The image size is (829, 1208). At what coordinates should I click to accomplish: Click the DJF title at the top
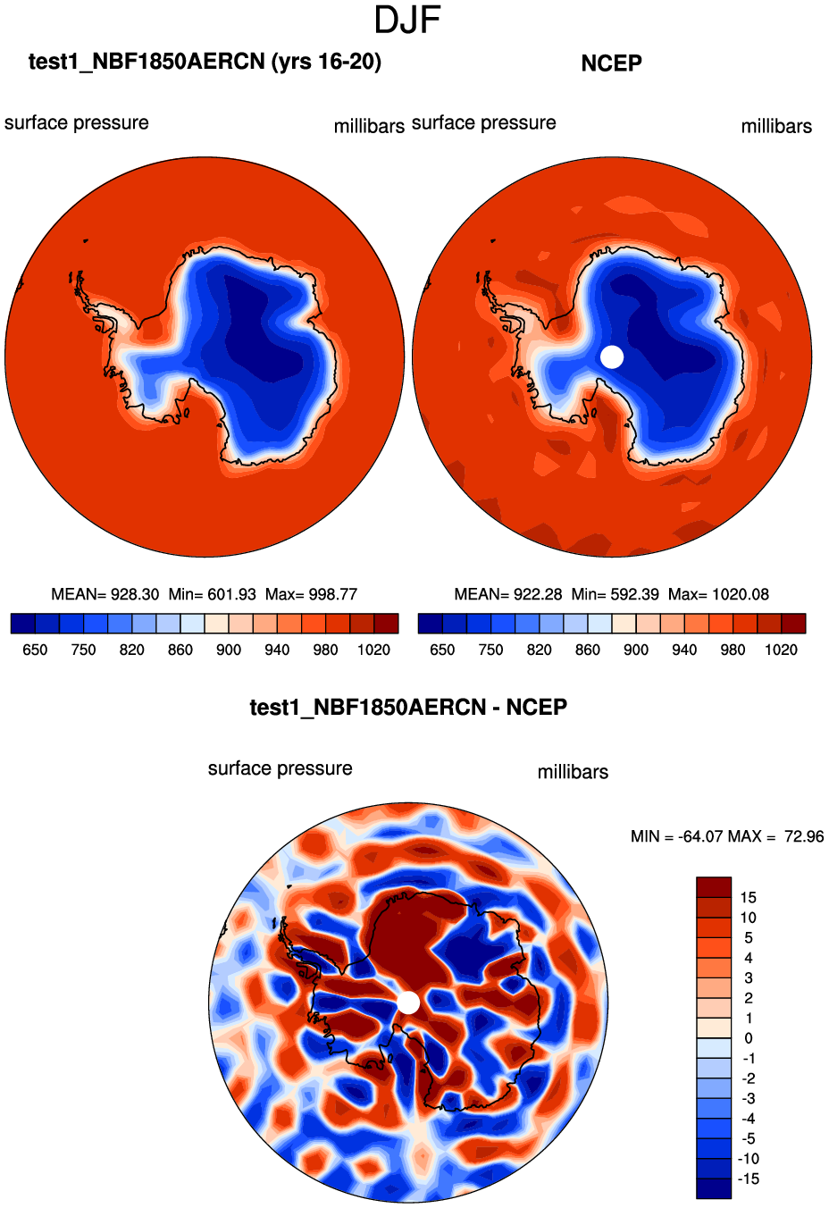pyautogui.click(x=407, y=21)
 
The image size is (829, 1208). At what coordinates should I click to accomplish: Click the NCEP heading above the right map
pyautogui.click(x=611, y=63)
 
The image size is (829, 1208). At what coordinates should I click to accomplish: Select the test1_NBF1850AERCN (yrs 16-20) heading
pyautogui.click(x=205, y=62)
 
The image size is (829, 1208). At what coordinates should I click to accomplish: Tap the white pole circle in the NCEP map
pyautogui.click(x=612, y=357)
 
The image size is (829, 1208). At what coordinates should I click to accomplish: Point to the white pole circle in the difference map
pyautogui.click(x=408, y=1002)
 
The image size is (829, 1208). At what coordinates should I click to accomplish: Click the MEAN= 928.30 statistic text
pyautogui.click(x=105, y=594)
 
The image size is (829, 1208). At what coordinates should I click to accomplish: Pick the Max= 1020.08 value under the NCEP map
pyautogui.click(x=718, y=594)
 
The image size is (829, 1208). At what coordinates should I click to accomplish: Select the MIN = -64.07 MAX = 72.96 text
pyautogui.click(x=727, y=836)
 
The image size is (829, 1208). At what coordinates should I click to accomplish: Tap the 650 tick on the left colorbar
pyautogui.click(x=35, y=650)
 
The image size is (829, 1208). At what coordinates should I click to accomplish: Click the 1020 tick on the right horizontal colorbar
pyautogui.click(x=781, y=650)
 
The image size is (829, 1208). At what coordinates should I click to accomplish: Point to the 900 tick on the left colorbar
pyautogui.click(x=229, y=650)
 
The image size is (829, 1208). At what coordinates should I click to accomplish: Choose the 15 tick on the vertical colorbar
pyautogui.click(x=748, y=897)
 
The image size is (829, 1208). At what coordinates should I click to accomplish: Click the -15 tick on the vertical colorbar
pyautogui.click(x=748, y=1179)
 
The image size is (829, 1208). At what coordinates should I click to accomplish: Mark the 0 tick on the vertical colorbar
pyautogui.click(x=748, y=1038)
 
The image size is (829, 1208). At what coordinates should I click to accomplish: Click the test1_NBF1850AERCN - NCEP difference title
pyautogui.click(x=408, y=708)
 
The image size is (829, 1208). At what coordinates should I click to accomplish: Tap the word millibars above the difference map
pyautogui.click(x=573, y=772)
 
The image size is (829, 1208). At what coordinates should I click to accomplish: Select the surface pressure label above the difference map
pyautogui.click(x=280, y=768)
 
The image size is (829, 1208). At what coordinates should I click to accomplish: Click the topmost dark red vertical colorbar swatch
pyautogui.click(x=714, y=887)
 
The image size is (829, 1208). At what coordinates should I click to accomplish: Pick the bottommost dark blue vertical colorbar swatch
pyautogui.click(x=714, y=1188)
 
